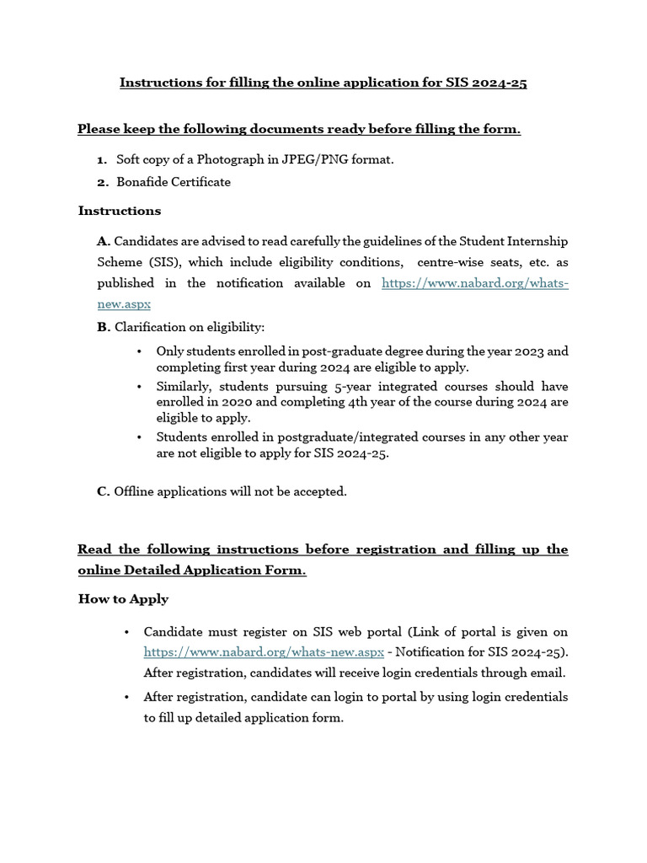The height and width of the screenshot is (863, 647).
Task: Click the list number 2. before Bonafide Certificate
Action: [102, 182]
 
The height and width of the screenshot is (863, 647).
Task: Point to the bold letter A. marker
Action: [104, 242]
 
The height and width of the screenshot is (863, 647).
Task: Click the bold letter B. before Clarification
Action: [104, 327]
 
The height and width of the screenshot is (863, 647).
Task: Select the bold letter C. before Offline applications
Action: [104, 491]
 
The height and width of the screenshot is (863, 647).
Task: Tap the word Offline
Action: [134, 491]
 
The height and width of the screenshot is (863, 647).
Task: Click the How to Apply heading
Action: [123, 599]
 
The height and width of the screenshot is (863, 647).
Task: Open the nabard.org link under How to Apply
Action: [264, 652]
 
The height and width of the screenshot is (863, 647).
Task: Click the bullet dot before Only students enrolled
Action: [138, 351]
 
